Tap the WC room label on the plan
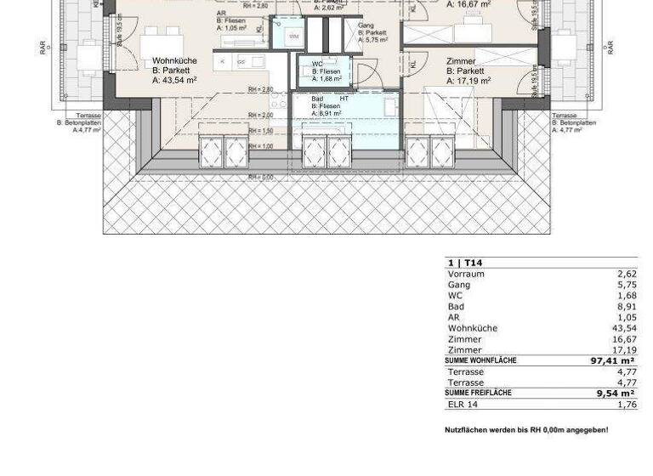coord(317,65)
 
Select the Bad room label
coord(318,99)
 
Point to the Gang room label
coord(366,25)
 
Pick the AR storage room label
coord(221,14)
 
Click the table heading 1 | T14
coord(465,263)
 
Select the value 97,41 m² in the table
coord(612,361)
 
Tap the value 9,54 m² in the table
coord(616,394)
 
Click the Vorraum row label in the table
coord(466,275)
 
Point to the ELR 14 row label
coord(463,405)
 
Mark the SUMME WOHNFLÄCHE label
coord(480,361)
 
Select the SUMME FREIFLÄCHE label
coord(478,394)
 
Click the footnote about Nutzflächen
coord(526,430)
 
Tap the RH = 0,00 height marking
coord(260,177)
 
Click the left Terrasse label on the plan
coord(88,116)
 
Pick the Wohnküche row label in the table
coord(473,328)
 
